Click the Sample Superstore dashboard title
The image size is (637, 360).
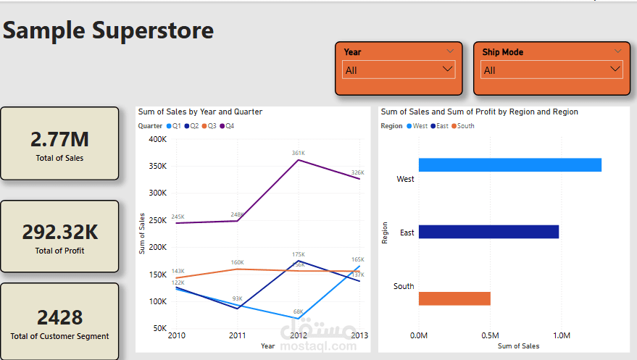109,30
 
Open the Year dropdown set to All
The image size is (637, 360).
399,70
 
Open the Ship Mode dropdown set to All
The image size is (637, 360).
551,70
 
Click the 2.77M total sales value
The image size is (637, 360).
59,139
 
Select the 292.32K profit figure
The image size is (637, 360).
59,232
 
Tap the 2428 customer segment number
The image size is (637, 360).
59,317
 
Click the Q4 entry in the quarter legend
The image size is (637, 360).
229,126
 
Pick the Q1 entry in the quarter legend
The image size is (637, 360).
175,126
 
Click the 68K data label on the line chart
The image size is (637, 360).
298,312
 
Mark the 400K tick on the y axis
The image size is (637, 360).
158,138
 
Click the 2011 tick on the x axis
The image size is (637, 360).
237,336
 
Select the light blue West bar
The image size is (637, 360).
509,165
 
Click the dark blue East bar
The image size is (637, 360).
488,232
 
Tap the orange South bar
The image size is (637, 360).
454,298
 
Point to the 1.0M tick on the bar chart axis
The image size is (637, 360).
561,336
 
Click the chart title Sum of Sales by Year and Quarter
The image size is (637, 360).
200,112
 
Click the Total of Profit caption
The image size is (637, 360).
59,251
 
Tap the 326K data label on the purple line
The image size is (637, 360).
357,172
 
